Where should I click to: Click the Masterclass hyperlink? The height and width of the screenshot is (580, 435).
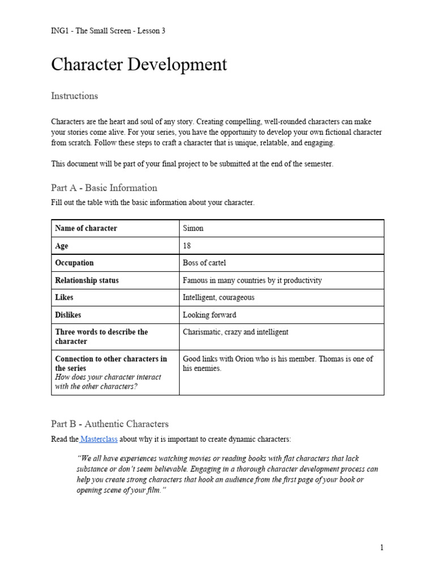point(99,439)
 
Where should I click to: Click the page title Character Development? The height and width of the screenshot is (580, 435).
point(139,65)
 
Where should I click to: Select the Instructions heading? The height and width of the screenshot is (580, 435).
point(74,96)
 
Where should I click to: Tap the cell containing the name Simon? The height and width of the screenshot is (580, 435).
point(193,228)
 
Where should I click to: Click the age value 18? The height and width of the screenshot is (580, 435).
point(187,246)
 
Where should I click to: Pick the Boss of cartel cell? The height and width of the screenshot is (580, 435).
point(204,263)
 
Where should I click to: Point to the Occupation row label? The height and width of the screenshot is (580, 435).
point(74,263)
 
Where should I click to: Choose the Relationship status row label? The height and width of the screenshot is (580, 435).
point(87,280)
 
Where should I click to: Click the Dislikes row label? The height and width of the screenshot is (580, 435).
point(70,315)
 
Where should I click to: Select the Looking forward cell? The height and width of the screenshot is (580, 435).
point(210,315)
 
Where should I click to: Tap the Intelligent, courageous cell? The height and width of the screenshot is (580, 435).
point(219,297)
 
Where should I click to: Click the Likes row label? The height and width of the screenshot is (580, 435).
point(64,297)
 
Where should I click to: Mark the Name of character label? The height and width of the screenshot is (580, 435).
point(86,228)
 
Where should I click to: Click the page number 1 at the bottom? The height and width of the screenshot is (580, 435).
point(382,548)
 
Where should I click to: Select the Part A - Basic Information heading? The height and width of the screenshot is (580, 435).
point(104,187)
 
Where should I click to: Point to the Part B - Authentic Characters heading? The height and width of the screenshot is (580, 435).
point(110,424)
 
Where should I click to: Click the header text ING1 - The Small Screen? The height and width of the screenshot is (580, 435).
point(108,31)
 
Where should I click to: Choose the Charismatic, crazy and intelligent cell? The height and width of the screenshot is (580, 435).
point(235,332)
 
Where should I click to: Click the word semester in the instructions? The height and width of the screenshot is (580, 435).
point(318,164)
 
